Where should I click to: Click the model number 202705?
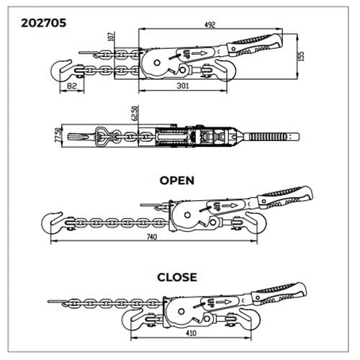point(43,23)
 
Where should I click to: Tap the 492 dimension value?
point(210,25)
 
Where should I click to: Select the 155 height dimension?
point(301,56)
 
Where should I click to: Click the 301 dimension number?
point(183,86)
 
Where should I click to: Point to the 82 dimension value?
point(72,86)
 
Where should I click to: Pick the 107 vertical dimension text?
point(111,37)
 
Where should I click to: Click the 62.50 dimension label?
point(135,113)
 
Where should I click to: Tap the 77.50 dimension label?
point(58,135)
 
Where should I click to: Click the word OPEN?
point(177,181)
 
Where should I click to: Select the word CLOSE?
point(177,277)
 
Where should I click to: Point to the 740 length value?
point(152,237)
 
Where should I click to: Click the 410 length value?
point(191,333)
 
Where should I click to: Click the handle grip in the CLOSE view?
point(279,294)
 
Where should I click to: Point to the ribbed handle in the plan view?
point(268,137)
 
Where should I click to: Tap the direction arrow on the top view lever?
point(199,53)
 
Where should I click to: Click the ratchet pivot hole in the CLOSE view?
point(181,312)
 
